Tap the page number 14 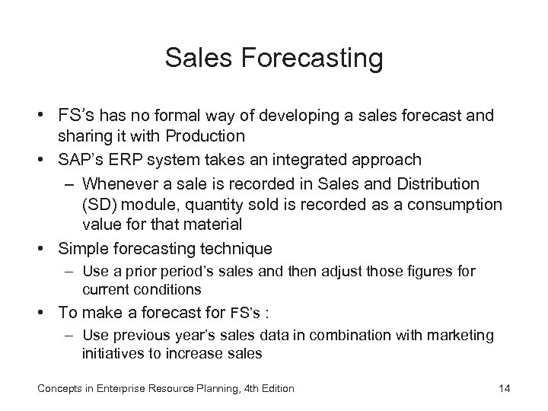pyautogui.click(x=503, y=388)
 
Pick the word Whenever pyautogui.click(x=120, y=184)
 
